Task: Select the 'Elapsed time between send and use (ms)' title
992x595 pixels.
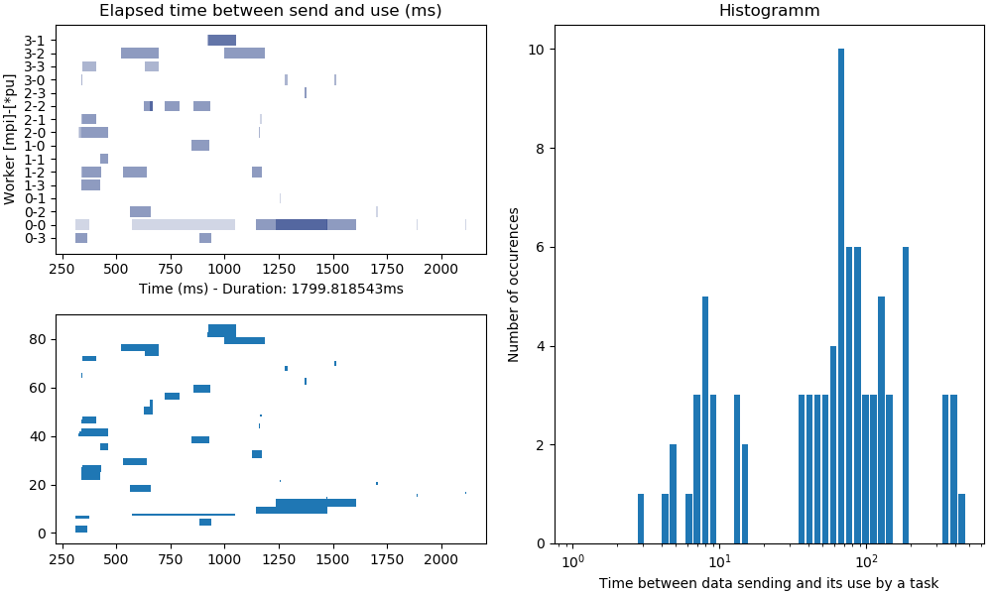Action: pyautogui.click(x=271, y=11)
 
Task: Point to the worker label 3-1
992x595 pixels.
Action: pyautogui.click(x=35, y=40)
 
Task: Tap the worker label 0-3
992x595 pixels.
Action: pyautogui.click(x=35, y=238)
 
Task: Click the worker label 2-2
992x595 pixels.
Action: pyautogui.click(x=35, y=106)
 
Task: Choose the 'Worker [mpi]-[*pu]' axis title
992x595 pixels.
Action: pyautogui.click(x=10, y=138)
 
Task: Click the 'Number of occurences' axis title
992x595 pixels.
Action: pyautogui.click(x=514, y=285)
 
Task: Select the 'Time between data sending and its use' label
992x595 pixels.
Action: pyautogui.click(x=768, y=583)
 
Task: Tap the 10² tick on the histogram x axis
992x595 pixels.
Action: pyautogui.click(x=865, y=563)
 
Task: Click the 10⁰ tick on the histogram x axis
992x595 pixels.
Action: pyautogui.click(x=570, y=563)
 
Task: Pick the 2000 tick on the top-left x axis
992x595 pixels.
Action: pyautogui.click(x=441, y=269)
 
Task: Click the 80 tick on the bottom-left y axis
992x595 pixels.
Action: pyautogui.click(x=40, y=339)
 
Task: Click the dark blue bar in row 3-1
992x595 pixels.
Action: pyautogui.click(x=222, y=40)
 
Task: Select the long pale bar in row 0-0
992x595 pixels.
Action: pyautogui.click(x=184, y=225)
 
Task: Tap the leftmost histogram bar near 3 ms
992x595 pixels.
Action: pyautogui.click(x=641, y=519)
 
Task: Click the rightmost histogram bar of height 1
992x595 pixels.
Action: pyautogui.click(x=961, y=519)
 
